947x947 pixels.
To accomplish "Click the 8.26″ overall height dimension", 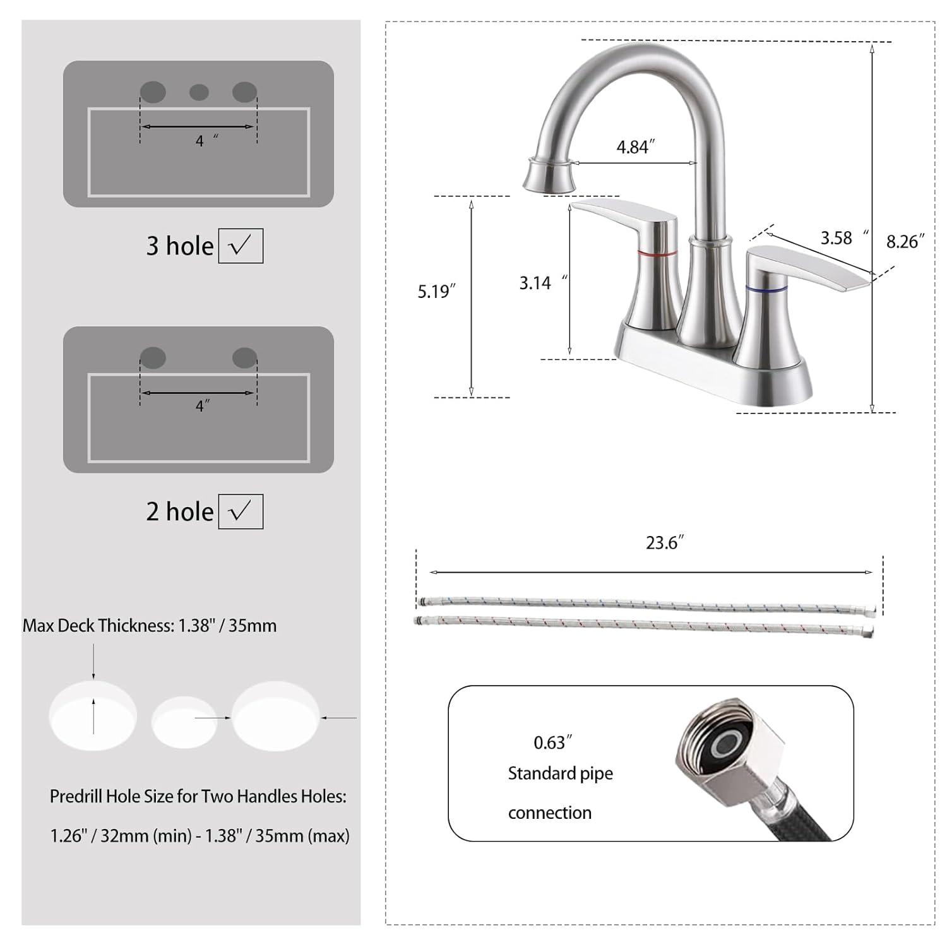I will [905, 242].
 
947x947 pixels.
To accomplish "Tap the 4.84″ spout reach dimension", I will [635, 147].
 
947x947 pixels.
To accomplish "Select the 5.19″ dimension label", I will [436, 292].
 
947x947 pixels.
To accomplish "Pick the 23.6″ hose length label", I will [664, 543].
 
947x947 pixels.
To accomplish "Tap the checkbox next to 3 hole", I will [241, 246].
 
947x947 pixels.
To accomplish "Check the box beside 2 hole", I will [241, 511].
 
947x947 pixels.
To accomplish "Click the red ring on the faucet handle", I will [657, 253].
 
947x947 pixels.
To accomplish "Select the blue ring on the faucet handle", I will [766, 289].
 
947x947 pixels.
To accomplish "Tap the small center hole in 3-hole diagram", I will [199, 93].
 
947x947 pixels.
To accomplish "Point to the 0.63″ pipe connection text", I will [552, 742].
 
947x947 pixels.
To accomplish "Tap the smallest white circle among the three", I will [183, 722].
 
